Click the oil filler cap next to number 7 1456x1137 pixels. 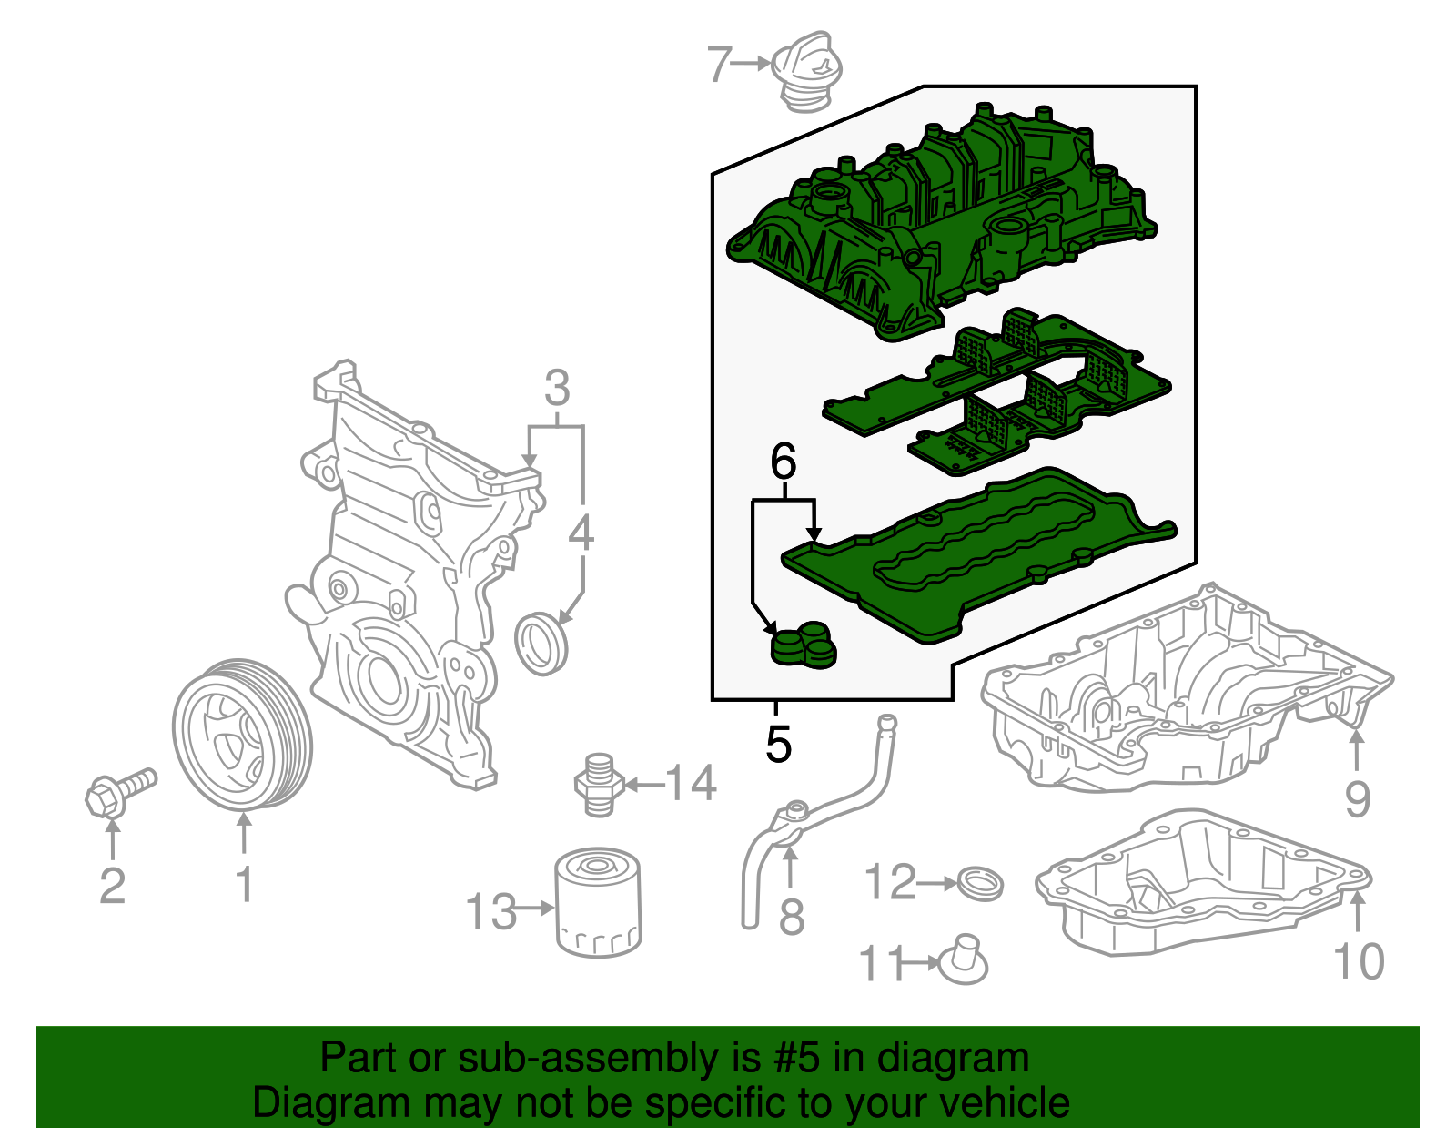[806, 71]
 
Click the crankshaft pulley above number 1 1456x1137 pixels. [242, 734]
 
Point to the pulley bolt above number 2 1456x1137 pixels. [121, 793]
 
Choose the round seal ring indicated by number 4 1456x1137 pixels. [541, 643]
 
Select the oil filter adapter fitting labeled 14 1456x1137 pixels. [599, 785]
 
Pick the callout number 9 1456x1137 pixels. [1358, 799]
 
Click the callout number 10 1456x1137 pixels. [1359, 960]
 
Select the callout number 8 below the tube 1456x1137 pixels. [792, 918]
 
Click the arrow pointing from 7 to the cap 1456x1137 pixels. [750, 64]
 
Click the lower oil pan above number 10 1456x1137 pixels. [1203, 882]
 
